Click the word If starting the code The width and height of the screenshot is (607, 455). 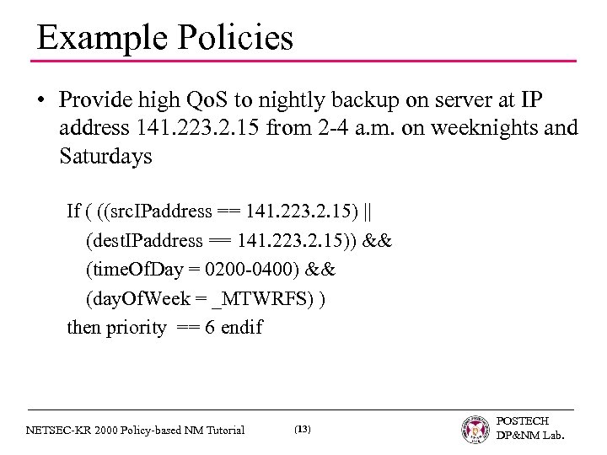point(74,209)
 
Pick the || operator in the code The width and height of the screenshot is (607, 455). point(374,209)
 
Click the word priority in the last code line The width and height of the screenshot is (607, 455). point(135,328)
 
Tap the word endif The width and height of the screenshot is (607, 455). point(240,328)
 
